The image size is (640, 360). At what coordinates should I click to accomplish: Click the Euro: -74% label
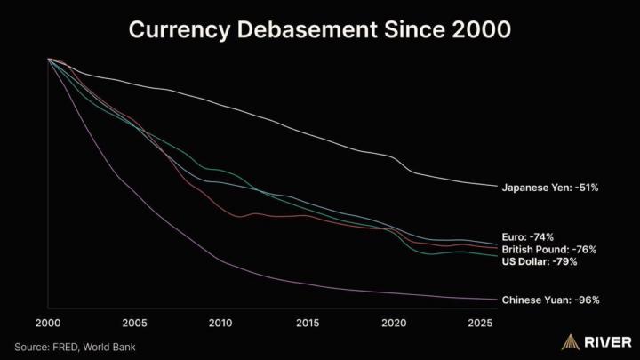[528, 237]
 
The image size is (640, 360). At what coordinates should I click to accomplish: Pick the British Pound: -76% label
[548, 250]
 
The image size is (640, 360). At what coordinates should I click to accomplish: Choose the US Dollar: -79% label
[540, 262]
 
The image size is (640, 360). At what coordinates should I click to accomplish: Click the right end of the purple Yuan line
[496, 300]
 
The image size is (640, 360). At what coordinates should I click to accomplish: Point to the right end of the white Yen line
[496, 187]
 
